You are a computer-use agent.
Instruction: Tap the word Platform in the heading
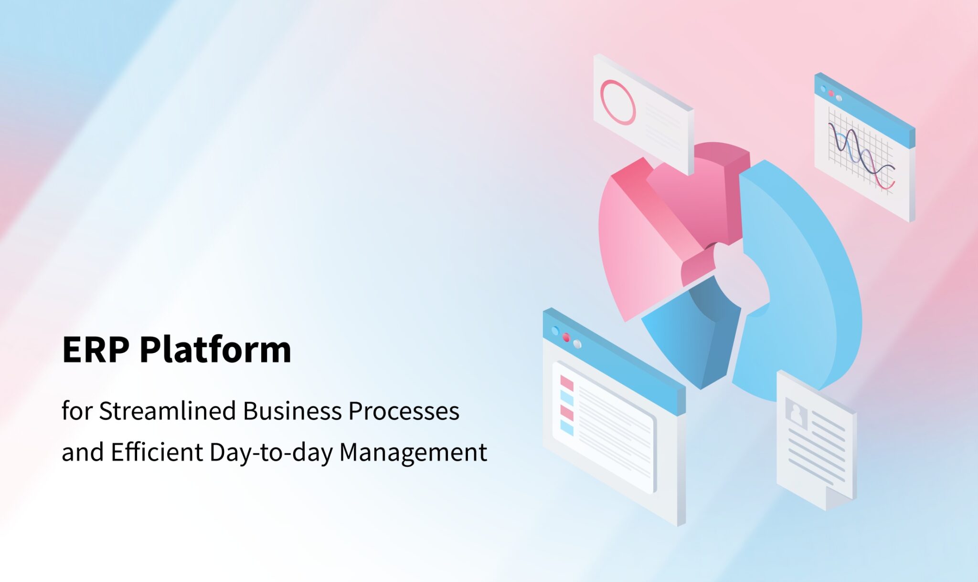pyautogui.click(x=215, y=350)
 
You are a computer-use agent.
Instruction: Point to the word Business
pyautogui.click(x=292, y=411)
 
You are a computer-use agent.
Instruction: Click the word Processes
pyautogui.click(x=404, y=411)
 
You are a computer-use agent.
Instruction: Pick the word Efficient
pyautogui.click(x=157, y=452)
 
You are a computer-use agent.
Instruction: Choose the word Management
pyautogui.click(x=413, y=452)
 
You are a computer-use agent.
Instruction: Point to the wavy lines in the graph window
pyautogui.click(x=860, y=153)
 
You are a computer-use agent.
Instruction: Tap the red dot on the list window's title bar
pyautogui.click(x=566, y=337)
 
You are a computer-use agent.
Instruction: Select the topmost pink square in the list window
pyautogui.click(x=567, y=383)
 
